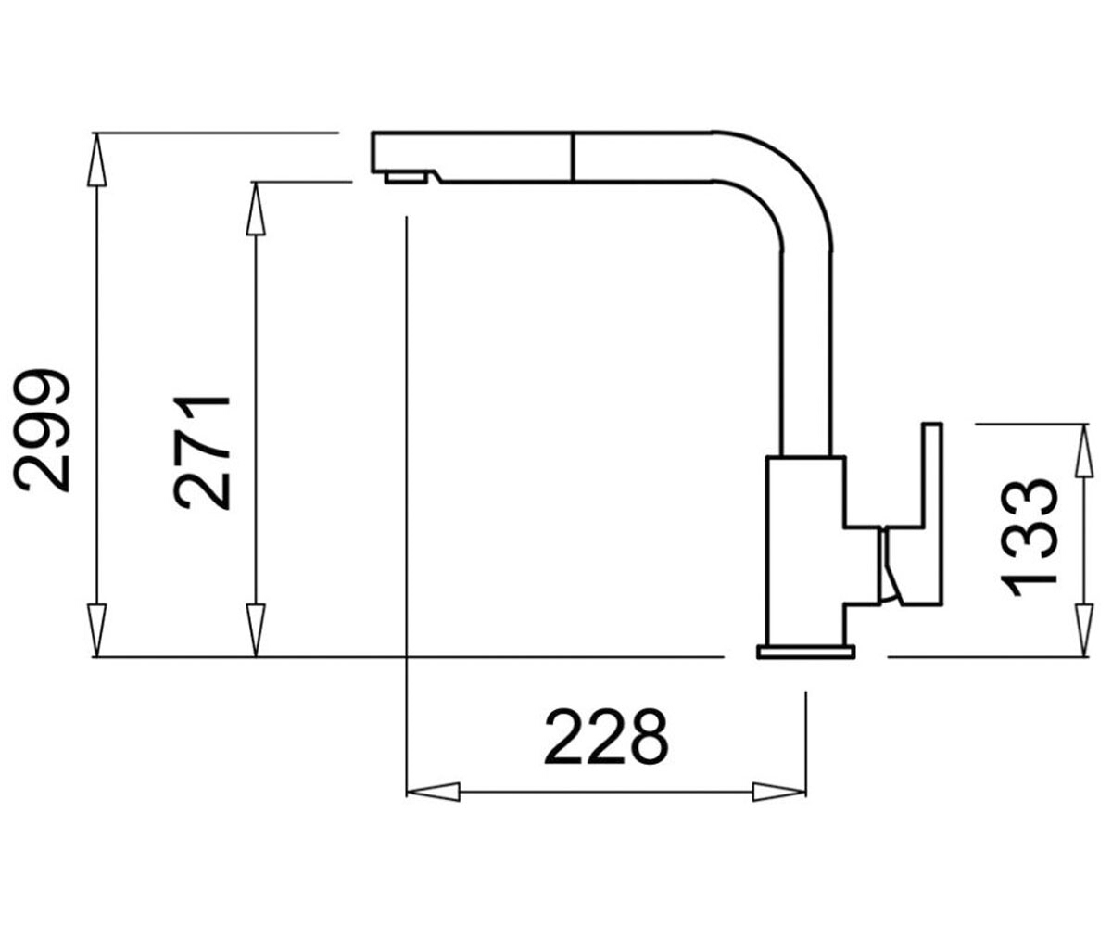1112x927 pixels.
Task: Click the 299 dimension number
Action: pos(42,430)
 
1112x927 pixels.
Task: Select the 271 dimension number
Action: pos(202,453)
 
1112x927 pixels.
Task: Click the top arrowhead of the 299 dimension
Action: pos(96,159)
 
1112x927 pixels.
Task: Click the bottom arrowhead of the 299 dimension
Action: pos(96,630)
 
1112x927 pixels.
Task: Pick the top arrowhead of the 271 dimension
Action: pos(256,209)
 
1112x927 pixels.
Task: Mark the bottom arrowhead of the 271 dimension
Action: pos(256,630)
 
